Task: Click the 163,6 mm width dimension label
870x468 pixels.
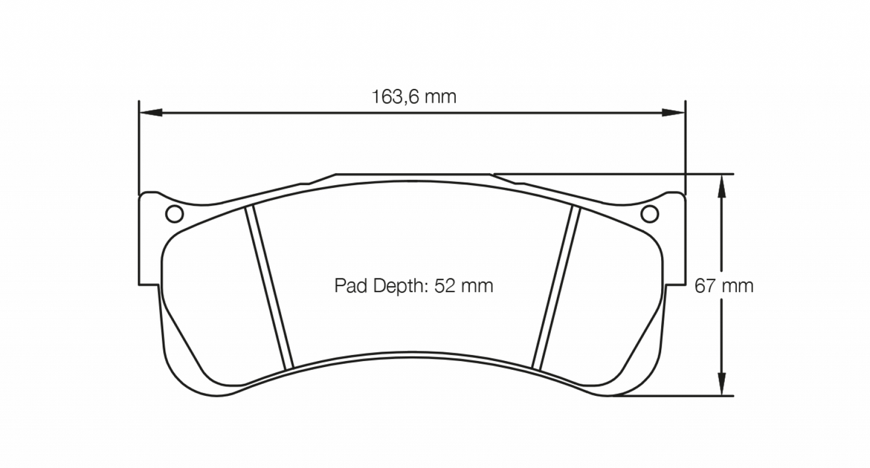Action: coord(414,96)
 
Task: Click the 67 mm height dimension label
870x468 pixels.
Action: coord(724,286)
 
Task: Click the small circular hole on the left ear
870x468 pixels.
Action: coord(174,214)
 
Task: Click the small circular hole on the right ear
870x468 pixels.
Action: coord(650,214)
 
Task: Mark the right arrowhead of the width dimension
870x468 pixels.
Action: coord(674,112)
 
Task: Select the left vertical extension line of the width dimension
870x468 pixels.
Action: coord(139,150)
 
